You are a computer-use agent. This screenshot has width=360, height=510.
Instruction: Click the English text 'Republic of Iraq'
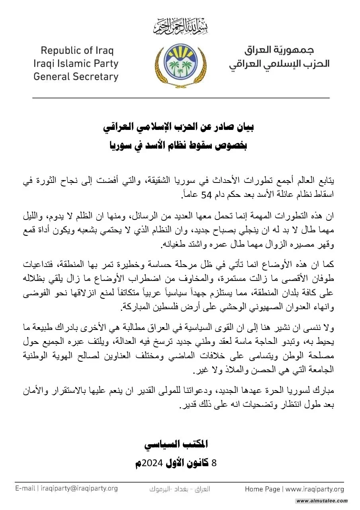[77, 51]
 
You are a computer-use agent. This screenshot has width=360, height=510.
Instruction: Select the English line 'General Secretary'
[76, 76]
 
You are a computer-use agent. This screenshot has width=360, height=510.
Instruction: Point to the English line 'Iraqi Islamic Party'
[76, 63]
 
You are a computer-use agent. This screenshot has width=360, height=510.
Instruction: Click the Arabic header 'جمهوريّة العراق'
[279, 50]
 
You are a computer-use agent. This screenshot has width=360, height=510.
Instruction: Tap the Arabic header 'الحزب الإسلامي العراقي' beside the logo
[279, 64]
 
